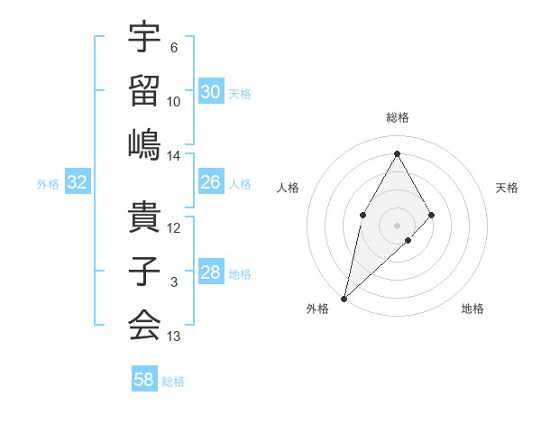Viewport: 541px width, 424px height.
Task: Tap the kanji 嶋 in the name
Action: (x=144, y=144)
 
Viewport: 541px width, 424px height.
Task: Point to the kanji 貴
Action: (x=144, y=217)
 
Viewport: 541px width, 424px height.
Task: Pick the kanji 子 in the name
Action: (x=144, y=272)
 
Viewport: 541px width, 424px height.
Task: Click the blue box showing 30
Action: (x=211, y=91)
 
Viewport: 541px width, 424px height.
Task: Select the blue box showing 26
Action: (x=211, y=182)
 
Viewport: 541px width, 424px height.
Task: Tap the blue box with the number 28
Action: (x=211, y=272)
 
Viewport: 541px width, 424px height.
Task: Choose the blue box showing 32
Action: (x=78, y=182)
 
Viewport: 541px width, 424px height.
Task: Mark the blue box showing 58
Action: (x=144, y=380)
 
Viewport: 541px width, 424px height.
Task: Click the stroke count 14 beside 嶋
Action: (x=174, y=156)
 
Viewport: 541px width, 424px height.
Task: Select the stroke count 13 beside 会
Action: (x=174, y=337)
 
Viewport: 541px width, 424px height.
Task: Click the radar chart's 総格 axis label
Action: (x=397, y=117)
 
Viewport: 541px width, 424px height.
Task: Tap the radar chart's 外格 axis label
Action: (x=317, y=309)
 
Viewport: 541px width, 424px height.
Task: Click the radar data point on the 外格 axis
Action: (x=344, y=298)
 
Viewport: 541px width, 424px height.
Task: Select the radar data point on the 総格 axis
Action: (x=397, y=153)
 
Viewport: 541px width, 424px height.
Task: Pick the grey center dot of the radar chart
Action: (x=397, y=225)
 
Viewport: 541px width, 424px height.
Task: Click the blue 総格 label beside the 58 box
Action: (x=173, y=382)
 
